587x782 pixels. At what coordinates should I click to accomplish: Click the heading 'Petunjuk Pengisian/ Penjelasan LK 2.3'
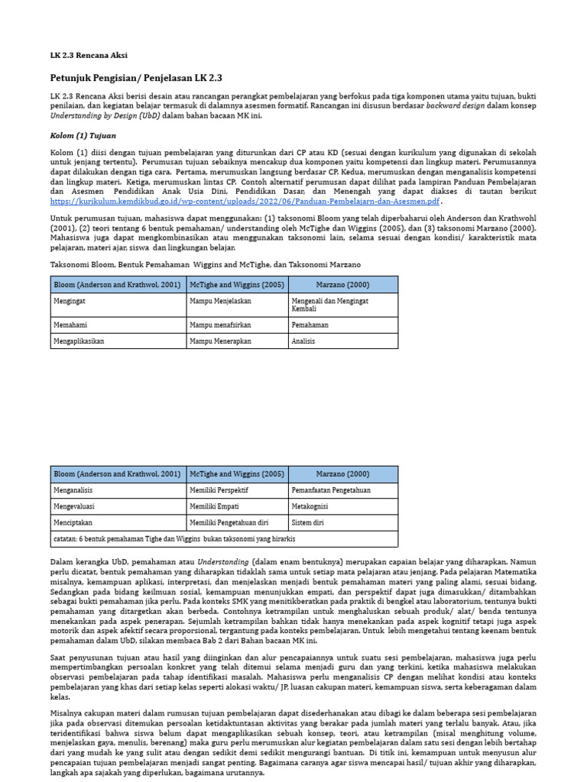(135, 78)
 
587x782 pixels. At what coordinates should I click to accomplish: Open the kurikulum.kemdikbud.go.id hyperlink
(245, 201)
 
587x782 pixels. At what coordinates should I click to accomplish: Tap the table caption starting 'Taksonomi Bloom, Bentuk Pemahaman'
(205, 264)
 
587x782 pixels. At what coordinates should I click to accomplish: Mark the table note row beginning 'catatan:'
(174, 539)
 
